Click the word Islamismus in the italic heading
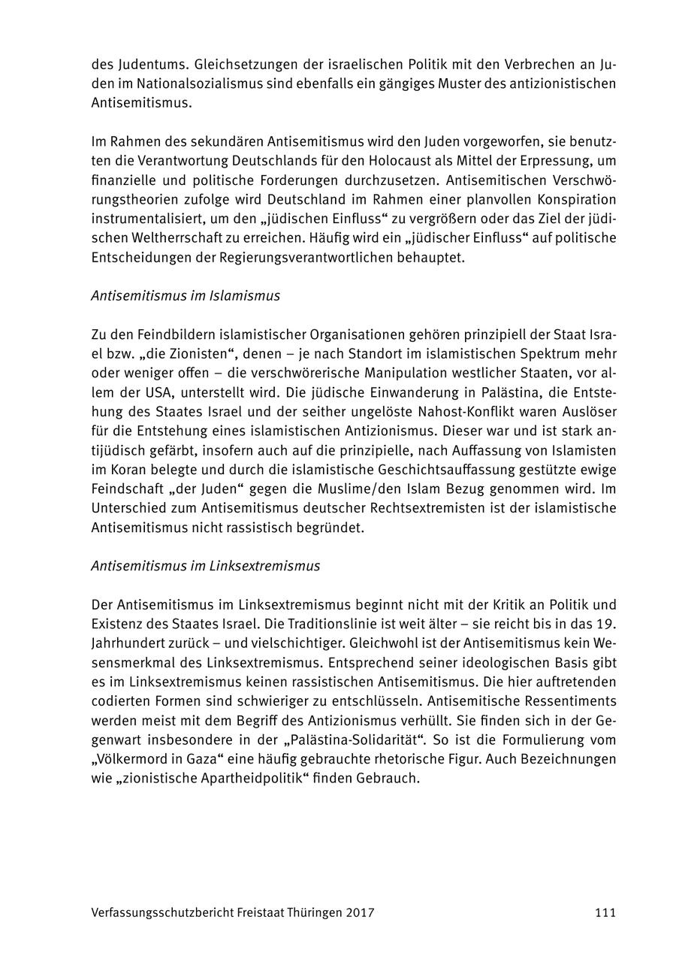[243, 295]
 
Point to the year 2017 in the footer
[360, 913]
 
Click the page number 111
[605, 913]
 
